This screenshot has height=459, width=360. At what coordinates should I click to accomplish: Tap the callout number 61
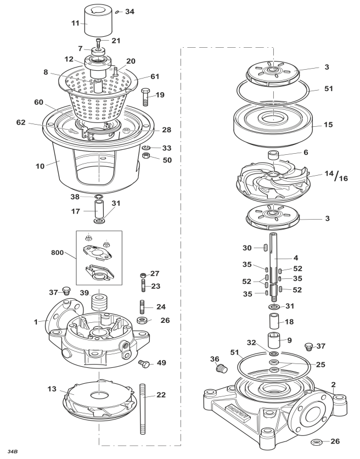(x=155, y=77)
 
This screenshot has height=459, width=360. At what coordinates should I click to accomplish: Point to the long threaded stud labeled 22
(x=143, y=409)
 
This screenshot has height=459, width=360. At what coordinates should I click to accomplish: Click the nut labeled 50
(x=146, y=155)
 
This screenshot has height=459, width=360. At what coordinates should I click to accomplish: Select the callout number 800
(x=57, y=253)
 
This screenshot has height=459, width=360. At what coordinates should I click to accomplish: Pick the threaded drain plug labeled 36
(x=222, y=368)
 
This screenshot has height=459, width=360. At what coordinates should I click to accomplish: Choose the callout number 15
(x=328, y=125)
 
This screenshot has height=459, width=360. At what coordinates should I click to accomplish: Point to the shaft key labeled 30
(x=265, y=248)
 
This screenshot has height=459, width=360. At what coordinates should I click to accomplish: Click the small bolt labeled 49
(x=144, y=363)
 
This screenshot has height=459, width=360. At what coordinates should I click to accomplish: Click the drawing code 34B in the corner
(x=13, y=451)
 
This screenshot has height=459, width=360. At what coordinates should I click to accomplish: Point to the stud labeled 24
(x=142, y=307)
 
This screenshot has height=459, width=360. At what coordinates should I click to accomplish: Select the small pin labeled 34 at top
(x=117, y=12)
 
